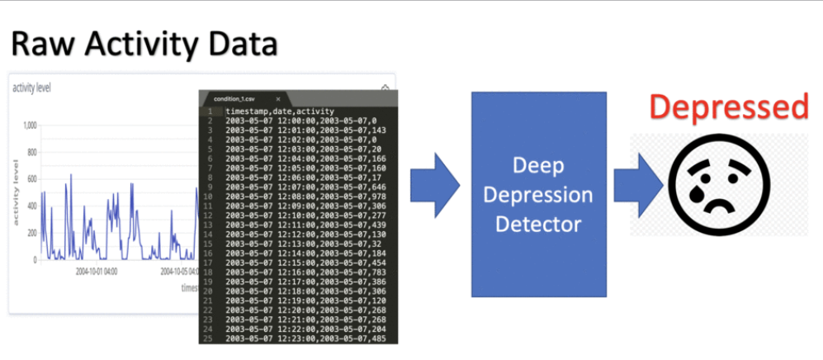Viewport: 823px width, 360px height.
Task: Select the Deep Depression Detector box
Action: [x=537, y=194]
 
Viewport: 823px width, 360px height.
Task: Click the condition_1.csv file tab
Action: [x=235, y=98]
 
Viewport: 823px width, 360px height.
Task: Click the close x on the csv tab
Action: [x=278, y=98]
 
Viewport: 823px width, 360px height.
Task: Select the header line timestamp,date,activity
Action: [x=281, y=111]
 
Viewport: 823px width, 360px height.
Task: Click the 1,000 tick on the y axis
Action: [x=29, y=126]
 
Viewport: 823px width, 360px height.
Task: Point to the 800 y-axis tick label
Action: [x=31, y=153]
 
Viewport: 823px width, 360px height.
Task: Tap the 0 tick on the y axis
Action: [x=35, y=259]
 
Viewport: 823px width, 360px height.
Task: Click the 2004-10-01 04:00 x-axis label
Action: [x=97, y=270]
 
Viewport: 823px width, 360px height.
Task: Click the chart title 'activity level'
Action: [x=31, y=88]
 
